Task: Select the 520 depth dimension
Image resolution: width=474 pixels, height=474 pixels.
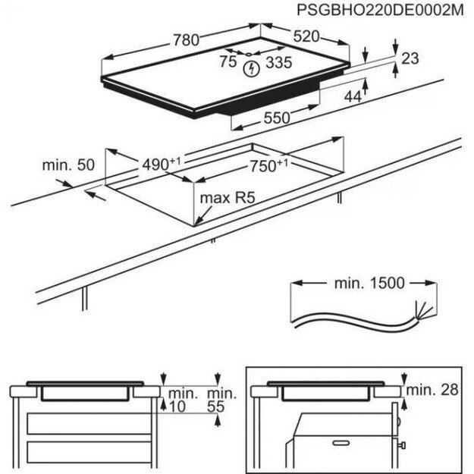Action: [x=305, y=36]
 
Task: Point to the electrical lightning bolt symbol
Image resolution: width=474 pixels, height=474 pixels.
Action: [x=251, y=70]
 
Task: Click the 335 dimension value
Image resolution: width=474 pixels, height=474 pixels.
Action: [x=278, y=63]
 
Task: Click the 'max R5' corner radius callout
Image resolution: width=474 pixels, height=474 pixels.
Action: [x=225, y=199]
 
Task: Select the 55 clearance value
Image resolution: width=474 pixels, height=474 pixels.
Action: [x=217, y=407]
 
